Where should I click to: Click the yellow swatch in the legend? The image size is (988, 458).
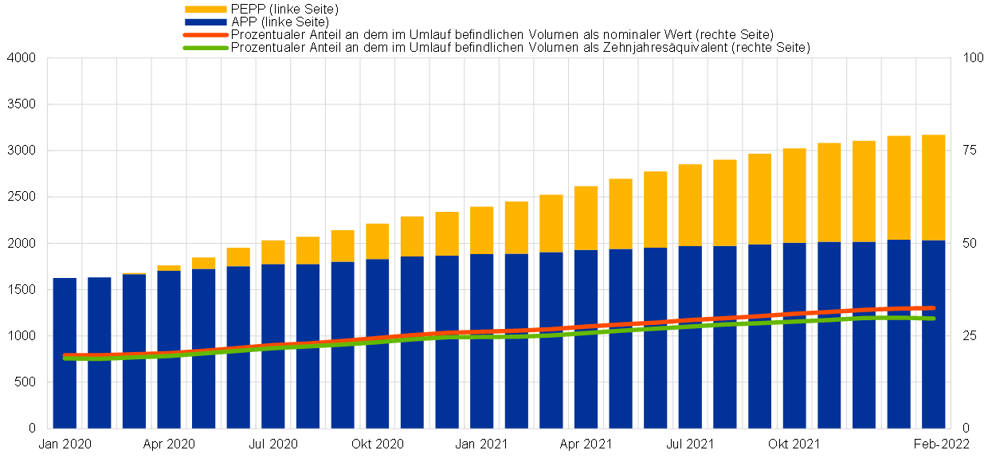[x=206, y=9]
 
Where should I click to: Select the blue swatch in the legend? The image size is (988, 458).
[x=206, y=22]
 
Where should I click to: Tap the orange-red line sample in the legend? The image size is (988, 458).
[x=206, y=35]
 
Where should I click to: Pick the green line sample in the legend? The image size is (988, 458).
[x=206, y=48]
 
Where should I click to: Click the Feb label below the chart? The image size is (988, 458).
[x=924, y=444]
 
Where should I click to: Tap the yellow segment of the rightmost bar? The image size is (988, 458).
[x=934, y=187]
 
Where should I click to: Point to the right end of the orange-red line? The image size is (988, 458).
[x=932, y=307]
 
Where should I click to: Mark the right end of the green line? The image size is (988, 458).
[x=932, y=319]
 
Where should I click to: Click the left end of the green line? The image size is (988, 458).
[x=65, y=358]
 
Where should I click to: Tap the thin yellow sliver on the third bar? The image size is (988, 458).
[x=134, y=273]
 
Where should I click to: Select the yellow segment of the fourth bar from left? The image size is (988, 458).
[x=169, y=268]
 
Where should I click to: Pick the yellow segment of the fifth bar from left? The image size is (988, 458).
[x=204, y=263]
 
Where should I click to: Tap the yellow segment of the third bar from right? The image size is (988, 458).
[x=864, y=191]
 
